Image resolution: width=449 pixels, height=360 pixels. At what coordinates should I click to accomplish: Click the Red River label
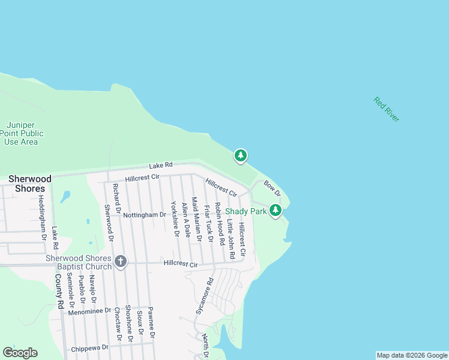[386, 109]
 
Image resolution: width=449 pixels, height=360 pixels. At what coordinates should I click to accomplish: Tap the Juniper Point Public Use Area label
[21, 134]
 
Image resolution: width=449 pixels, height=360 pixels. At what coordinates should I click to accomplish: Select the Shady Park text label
[246, 211]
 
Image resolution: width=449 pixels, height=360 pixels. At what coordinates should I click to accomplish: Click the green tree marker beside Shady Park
[275, 211]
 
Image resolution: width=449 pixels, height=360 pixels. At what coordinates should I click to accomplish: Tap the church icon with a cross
[121, 262]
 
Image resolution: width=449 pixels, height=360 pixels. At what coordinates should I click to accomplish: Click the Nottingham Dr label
[145, 214]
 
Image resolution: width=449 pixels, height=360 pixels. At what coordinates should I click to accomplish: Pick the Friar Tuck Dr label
[208, 223]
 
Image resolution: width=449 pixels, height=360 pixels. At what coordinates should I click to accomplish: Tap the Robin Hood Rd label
[220, 223]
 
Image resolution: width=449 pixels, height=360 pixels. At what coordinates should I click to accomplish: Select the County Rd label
[59, 292]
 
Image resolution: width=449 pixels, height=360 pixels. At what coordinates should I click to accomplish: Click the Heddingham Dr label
[42, 217]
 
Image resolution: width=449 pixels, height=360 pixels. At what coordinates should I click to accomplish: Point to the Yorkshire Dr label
[175, 218]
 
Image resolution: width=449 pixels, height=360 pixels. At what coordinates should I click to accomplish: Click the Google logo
[20, 353]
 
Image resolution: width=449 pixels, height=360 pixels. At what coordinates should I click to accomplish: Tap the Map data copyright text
[412, 355]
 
